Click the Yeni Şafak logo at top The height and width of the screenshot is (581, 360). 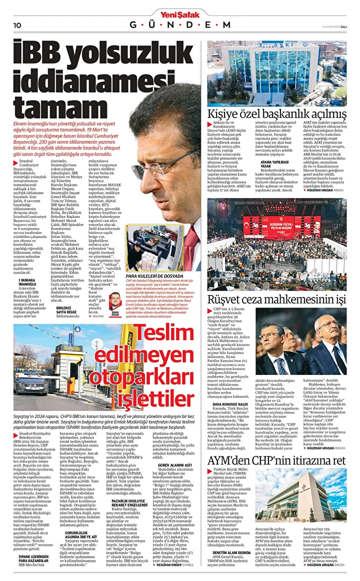point(179,13)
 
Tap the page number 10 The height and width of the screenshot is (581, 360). point(16,25)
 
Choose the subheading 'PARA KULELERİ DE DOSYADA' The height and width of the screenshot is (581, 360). point(155,275)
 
